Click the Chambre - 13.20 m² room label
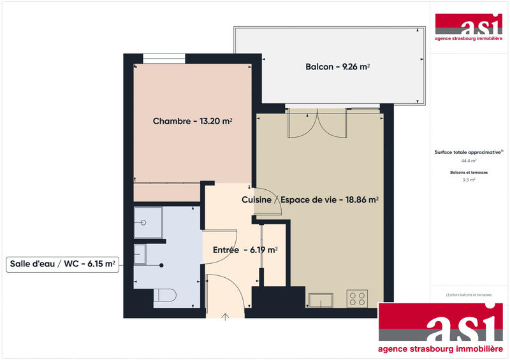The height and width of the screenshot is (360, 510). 192,121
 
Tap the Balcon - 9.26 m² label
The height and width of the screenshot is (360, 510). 338,66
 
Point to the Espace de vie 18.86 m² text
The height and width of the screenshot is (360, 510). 330,199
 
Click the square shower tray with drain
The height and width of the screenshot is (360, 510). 148,223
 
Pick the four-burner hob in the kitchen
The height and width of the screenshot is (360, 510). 357,298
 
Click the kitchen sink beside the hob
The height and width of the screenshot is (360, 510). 321,299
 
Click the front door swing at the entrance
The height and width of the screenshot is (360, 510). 225,293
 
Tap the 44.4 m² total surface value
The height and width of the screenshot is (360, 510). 469,161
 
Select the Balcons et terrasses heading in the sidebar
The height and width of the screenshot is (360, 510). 469,173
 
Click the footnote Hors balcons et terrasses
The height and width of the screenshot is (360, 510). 469,295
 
